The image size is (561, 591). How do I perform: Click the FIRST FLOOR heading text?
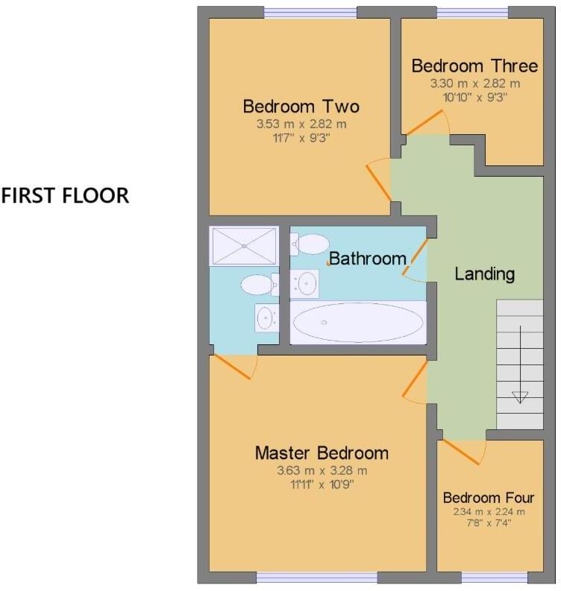tap(65, 196)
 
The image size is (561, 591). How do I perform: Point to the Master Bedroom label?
tap(322, 452)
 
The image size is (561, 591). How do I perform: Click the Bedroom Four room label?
tap(489, 497)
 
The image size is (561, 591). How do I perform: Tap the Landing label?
tap(484, 274)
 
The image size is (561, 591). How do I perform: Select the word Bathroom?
tap(368, 259)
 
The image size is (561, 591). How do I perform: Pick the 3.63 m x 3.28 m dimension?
tap(322, 471)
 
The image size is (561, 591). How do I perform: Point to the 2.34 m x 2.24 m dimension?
tap(489, 511)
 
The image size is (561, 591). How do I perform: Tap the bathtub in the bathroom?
tap(358, 323)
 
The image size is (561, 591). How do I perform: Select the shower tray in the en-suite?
tap(244, 246)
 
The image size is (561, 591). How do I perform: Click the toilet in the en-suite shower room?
tap(257, 285)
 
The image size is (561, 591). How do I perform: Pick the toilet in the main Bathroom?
tap(310, 243)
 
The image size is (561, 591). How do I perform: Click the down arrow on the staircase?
tap(519, 396)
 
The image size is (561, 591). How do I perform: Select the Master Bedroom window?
tap(317, 578)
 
